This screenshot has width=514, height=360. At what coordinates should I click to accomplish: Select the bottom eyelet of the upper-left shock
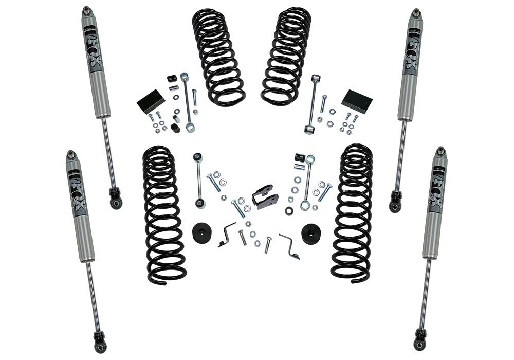(116, 201)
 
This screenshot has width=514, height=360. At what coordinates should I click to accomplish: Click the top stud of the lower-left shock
(71, 154)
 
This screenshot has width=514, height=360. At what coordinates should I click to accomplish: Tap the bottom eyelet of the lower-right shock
(420, 343)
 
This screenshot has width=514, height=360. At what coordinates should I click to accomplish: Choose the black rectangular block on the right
(357, 101)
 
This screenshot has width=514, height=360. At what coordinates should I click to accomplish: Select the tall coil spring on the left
(163, 213)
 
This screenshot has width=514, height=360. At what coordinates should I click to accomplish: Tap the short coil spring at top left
(218, 57)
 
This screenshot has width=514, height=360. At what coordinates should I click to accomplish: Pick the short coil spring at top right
(286, 56)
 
